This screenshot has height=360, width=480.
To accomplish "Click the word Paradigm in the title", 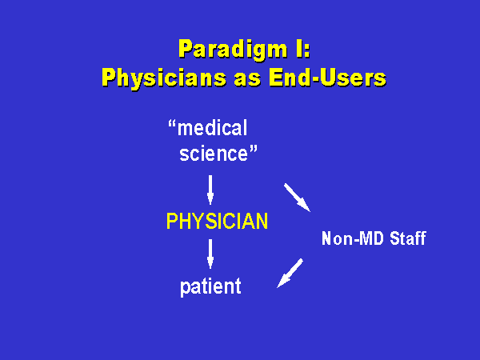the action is pyautogui.click(x=233, y=50).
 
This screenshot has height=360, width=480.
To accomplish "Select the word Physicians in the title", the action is pyautogui.click(x=164, y=78).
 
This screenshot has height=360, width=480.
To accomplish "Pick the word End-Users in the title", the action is pyautogui.click(x=327, y=78).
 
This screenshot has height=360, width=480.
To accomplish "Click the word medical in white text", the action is pyautogui.click(x=213, y=128).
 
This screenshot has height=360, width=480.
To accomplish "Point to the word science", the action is pyautogui.click(x=214, y=154).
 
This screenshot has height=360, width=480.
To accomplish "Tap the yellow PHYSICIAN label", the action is pyautogui.click(x=217, y=221).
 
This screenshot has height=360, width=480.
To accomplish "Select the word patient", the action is pyautogui.click(x=210, y=287).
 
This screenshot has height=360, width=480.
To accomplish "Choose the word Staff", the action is pyautogui.click(x=408, y=238).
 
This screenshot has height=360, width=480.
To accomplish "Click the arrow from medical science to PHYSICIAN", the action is pyautogui.click(x=210, y=190).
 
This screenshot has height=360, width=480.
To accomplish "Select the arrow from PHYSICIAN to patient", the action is pyautogui.click(x=210, y=254).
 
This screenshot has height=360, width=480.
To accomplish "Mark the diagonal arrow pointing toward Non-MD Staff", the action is pyautogui.click(x=297, y=198).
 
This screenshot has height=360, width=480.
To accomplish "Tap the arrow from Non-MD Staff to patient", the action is pyautogui.click(x=290, y=273).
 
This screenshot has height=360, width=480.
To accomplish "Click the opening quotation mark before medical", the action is pyautogui.click(x=172, y=124).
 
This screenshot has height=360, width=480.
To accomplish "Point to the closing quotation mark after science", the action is pyautogui.click(x=254, y=150).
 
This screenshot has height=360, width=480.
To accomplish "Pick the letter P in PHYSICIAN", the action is pyautogui.click(x=172, y=221).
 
